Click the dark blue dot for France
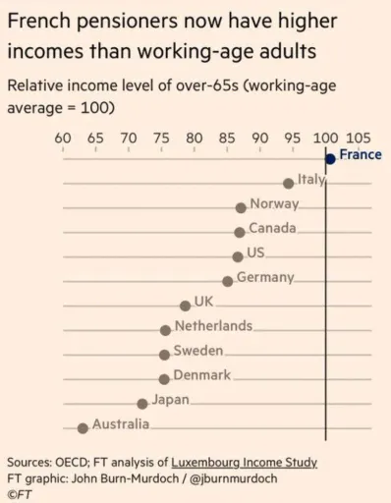point(331,159)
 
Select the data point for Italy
point(289,184)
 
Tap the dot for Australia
point(83,428)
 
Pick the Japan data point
point(142,404)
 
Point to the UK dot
point(186,306)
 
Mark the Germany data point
point(228,281)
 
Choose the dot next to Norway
point(241,208)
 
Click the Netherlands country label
point(213,326)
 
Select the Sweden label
point(198,351)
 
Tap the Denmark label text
point(202,375)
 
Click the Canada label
point(272,228)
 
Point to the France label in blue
point(361,154)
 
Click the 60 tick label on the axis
point(63,139)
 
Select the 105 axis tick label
point(359,139)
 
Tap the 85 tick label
point(227,139)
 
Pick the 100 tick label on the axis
point(325,139)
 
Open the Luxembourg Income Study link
point(245,463)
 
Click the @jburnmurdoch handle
point(234,478)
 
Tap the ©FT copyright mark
point(20,494)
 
